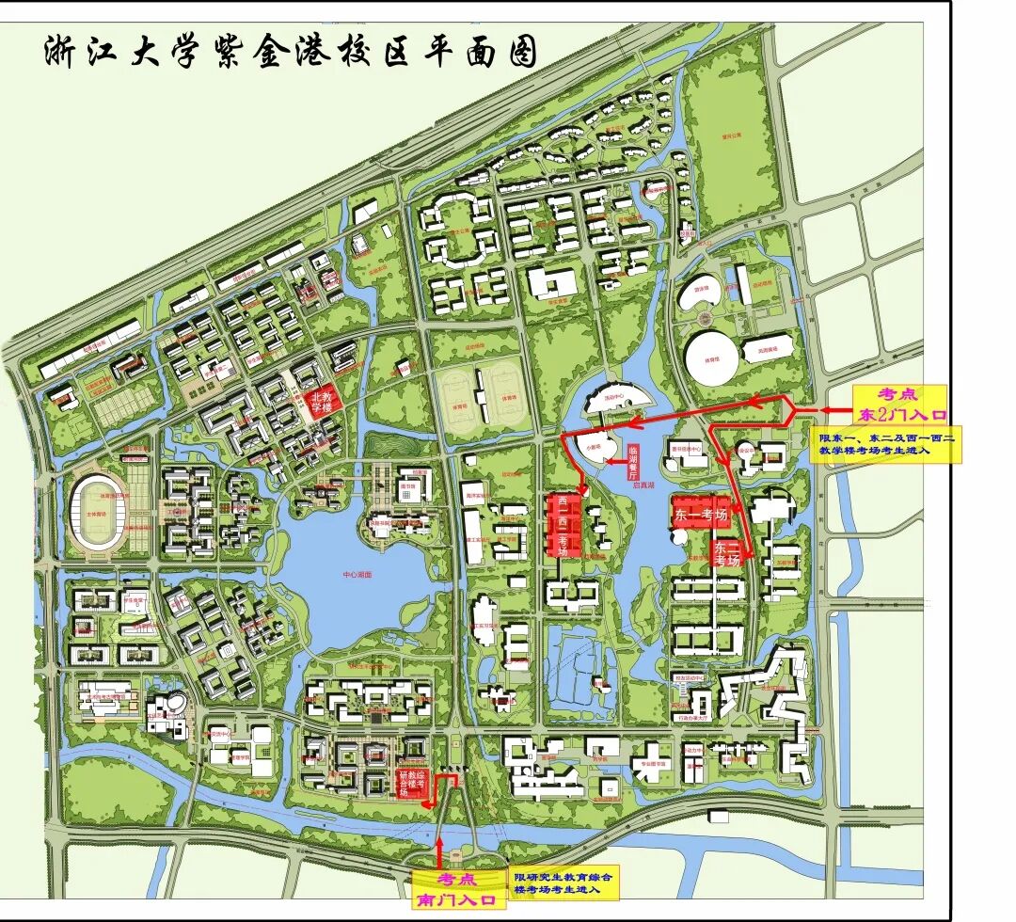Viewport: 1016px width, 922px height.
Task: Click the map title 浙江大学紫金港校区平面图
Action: [290, 53]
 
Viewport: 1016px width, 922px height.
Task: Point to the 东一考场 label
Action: [701, 516]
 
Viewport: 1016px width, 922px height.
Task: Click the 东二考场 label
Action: [726, 551]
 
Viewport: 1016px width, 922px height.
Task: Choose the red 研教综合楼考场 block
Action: [410, 783]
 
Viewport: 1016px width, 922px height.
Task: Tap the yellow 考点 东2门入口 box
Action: [898, 404]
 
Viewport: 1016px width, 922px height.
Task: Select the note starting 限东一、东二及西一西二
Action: [887, 444]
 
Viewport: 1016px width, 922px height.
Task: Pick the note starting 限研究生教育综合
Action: [564, 882]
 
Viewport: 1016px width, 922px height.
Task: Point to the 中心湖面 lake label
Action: [358, 574]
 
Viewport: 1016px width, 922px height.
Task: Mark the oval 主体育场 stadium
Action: [98, 512]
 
